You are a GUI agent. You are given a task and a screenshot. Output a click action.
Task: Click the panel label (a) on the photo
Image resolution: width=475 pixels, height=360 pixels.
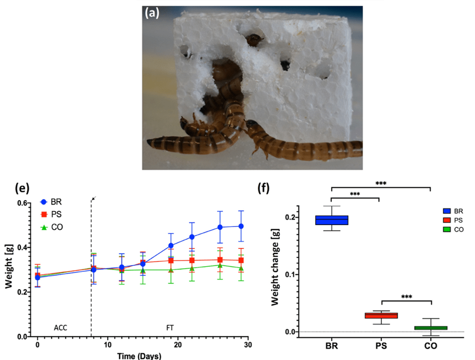tap(152, 15)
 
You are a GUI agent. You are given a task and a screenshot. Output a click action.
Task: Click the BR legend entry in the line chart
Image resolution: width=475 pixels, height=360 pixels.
tap(53, 202)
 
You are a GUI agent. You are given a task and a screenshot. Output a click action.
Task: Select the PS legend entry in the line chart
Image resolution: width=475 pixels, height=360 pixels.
tap(53, 215)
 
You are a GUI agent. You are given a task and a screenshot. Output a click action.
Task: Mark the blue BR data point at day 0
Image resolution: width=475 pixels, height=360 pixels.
tap(37, 278)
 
